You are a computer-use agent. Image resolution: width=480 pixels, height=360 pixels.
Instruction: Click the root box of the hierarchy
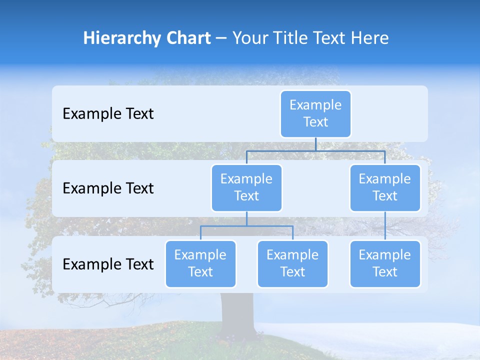coord(315,113)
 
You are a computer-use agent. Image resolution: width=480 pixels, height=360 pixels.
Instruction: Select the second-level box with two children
coord(246,187)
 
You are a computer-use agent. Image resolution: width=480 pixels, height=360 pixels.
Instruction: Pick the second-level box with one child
coord(385,187)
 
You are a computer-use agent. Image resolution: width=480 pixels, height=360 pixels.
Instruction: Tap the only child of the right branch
coord(385,263)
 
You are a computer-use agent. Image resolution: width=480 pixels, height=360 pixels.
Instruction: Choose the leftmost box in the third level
coord(200,263)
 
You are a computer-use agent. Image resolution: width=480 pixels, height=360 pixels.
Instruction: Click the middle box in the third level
coord(292,263)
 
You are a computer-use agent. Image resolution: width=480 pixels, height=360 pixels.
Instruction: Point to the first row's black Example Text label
coord(108,114)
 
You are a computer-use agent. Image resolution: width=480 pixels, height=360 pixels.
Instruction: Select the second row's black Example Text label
coord(108,188)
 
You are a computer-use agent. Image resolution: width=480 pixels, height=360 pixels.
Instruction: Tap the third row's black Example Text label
coord(108,264)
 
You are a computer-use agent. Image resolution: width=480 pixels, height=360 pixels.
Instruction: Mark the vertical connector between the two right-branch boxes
coord(385,226)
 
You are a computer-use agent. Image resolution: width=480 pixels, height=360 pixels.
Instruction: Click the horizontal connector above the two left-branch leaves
coord(246,226)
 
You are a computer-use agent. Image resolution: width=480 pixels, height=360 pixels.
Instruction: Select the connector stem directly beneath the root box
coord(315,144)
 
